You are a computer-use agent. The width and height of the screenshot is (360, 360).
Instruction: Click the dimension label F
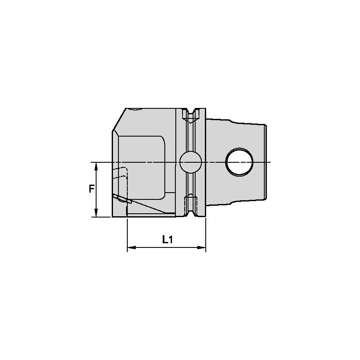(91, 189)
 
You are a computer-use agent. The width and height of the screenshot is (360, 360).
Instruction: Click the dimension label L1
(167, 239)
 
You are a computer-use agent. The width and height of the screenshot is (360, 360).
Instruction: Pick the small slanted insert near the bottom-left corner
(123, 199)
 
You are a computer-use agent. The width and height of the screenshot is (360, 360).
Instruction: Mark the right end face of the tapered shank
(266, 162)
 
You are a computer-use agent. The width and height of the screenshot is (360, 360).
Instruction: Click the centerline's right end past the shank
(269, 162)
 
